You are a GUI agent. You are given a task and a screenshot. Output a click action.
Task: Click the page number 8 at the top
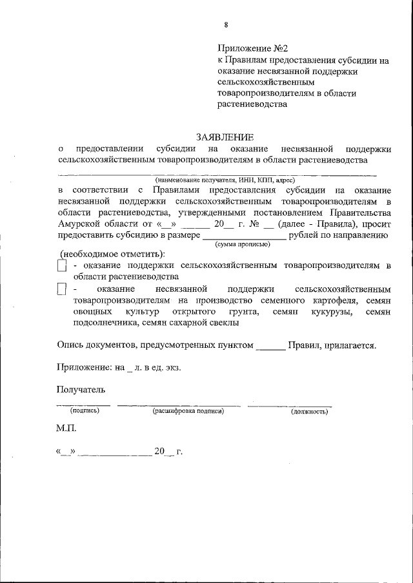[x=225, y=24]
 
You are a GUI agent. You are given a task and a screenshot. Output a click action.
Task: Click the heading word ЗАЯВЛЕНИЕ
[x=225, y=137]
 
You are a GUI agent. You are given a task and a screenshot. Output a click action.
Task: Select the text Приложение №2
[x=252, y=48]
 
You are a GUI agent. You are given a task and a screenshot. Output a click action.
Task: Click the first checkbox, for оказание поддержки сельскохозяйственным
[x=61, y=265]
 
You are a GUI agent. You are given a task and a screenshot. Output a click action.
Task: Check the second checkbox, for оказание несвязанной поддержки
[x=61, y=289]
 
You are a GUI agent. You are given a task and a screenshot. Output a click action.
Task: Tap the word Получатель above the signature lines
[x=80, y=389]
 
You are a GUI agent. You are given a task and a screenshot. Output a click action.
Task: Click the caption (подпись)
[x=84, y=411]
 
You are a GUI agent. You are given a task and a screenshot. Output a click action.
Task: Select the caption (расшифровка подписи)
[x=188, y=411]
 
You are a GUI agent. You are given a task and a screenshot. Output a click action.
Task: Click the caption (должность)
[x=310, y=411]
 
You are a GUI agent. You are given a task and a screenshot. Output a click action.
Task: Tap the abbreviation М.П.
[x=66, y=428]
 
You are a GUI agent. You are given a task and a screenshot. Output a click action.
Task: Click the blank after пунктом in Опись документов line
[x=270, y=345]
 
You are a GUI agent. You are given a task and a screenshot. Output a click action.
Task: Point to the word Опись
[x=70, y=345]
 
